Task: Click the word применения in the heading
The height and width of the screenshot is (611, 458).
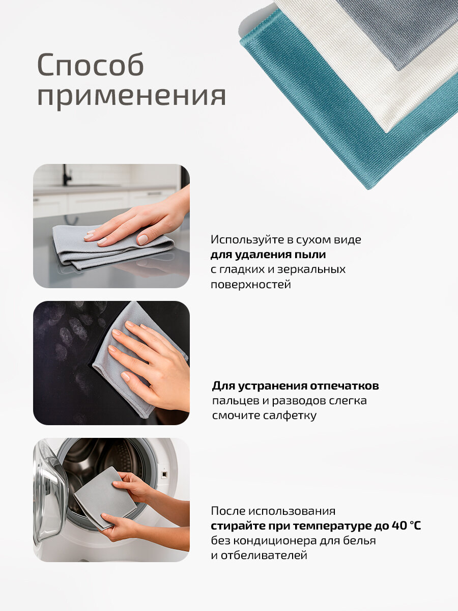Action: click(131, 95)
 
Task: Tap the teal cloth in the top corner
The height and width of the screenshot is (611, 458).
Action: click(316, 97)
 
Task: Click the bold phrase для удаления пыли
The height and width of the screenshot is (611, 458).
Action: click(268, 254)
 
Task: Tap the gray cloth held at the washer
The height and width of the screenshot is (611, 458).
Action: click(102, 496)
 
